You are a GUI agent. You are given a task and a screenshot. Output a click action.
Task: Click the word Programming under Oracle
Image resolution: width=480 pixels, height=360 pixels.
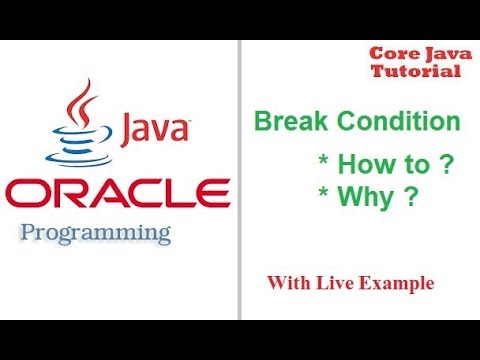96,234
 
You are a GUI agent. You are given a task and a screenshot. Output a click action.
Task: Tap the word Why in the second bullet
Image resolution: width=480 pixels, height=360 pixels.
360,197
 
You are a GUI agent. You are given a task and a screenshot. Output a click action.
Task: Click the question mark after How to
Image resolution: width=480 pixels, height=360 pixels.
433,165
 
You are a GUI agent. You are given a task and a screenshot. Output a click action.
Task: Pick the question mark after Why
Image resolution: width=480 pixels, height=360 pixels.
408,197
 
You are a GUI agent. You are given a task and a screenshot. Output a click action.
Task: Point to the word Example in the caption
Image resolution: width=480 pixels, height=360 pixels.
398,285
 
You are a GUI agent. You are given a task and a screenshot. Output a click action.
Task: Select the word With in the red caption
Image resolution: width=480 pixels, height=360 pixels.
289,284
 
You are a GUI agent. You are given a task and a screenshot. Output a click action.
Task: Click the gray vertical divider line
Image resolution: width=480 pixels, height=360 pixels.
239,180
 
